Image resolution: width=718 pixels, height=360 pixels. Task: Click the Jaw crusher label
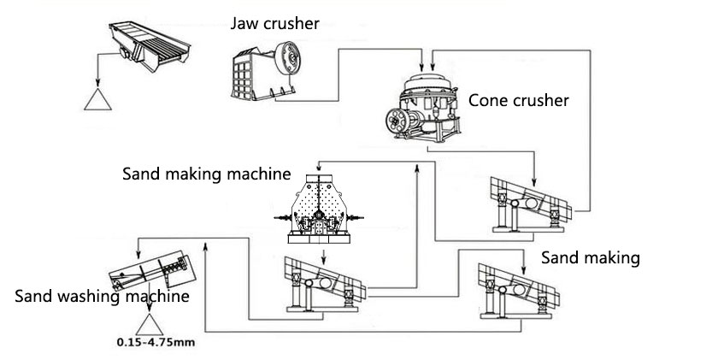(x=274, y=23)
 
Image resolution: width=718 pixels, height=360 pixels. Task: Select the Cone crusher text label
(x=518, y=101)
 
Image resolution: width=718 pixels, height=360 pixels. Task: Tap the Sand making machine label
(x=206, y=174)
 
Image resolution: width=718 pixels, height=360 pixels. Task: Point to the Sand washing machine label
(x=102, y=297)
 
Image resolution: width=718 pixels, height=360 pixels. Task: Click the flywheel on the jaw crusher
(x=295, y=62)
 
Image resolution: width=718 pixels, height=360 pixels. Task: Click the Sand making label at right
(x=590, y=257)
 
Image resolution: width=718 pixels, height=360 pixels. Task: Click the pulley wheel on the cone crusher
(x=398, y=120)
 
